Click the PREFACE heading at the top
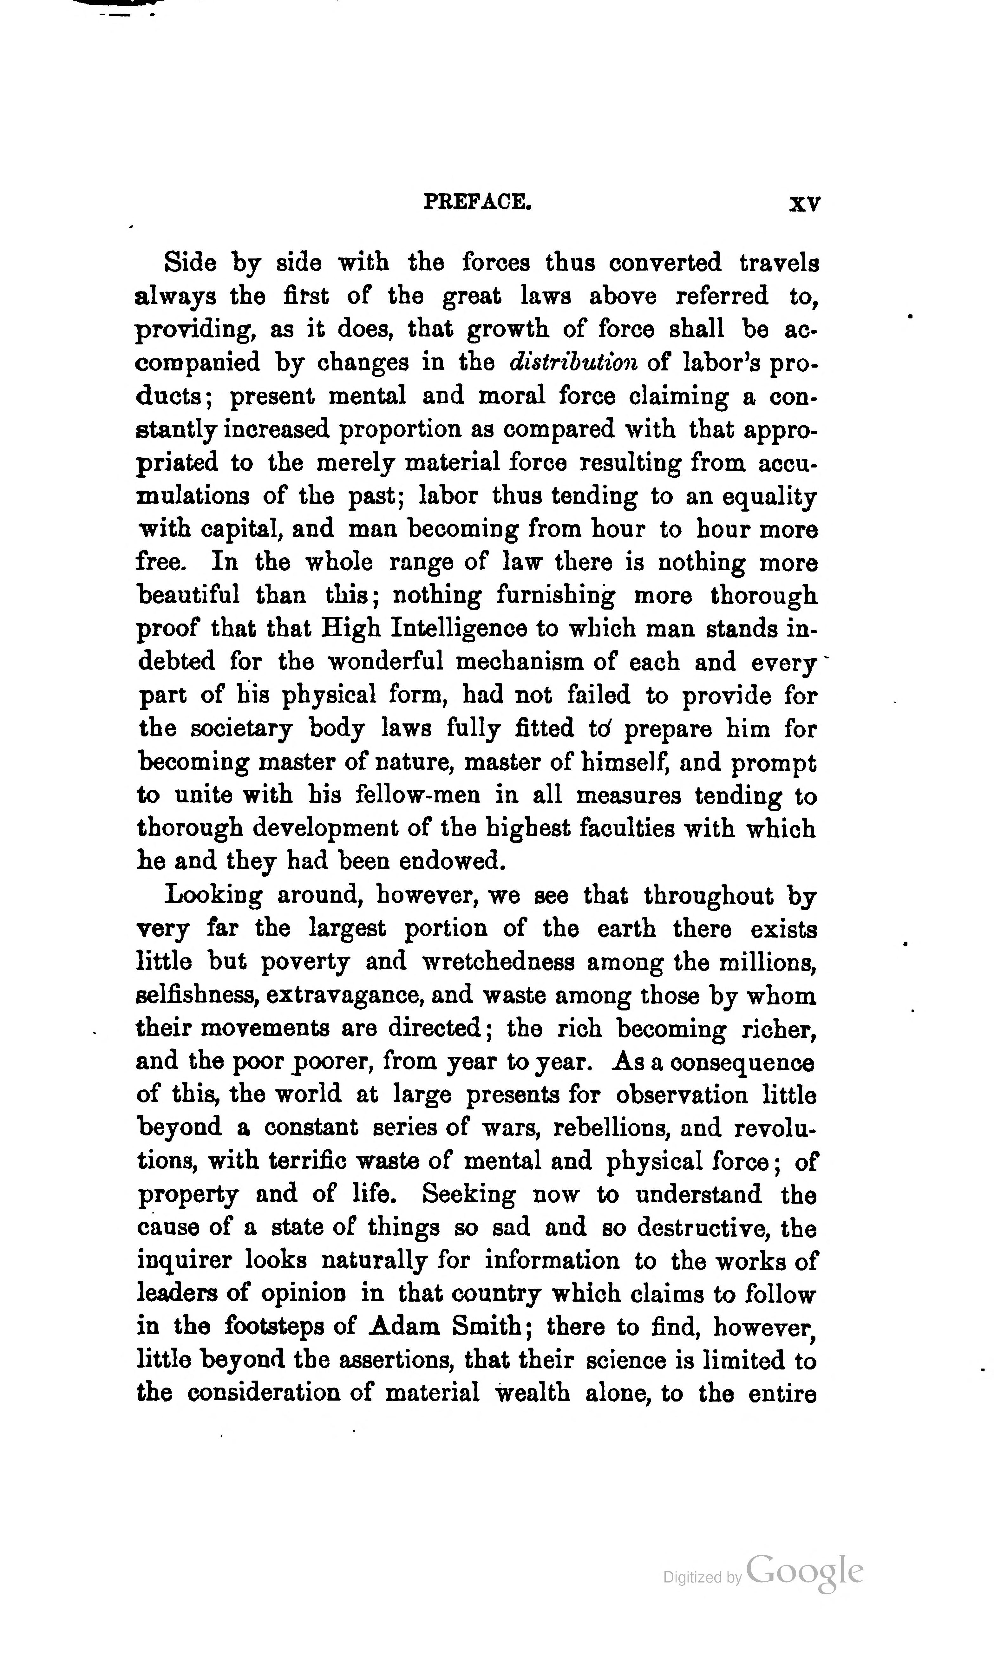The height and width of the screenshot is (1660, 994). coord(478,202)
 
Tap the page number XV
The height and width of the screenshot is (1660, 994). coord(804,204)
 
